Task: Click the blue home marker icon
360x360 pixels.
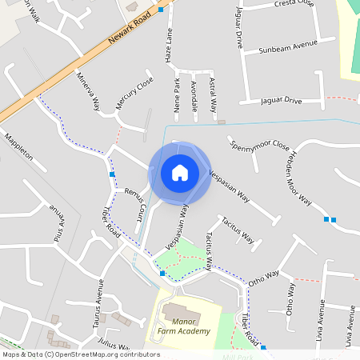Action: click(x=180, y=172)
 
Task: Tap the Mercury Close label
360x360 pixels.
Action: click(x=134, y=94)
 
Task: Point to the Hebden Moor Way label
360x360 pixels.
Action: click(x=300, y=178)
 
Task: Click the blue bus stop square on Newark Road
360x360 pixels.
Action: click(x=161, y=10)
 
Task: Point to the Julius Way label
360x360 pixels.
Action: click(x=112, y=342)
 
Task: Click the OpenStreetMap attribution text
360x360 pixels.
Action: click(x=80, y=354)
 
